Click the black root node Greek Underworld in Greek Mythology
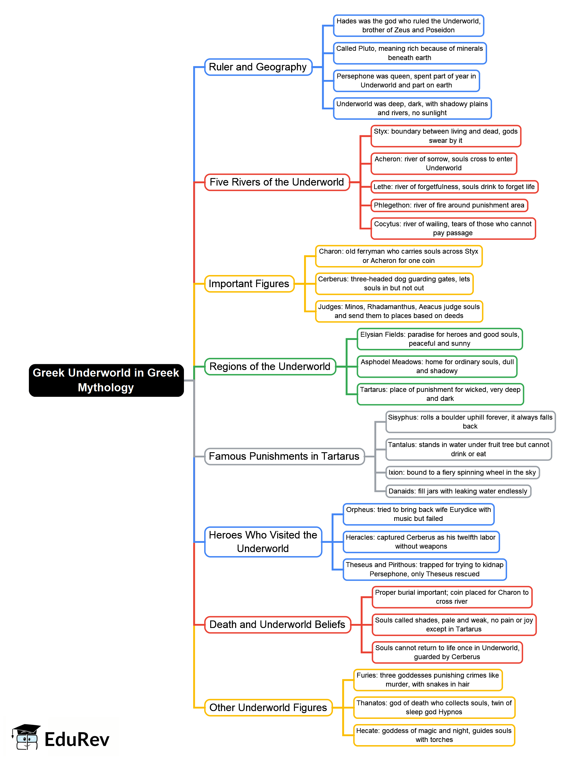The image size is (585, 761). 106,380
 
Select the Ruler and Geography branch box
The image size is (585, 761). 258,67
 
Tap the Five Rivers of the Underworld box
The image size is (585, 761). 277,182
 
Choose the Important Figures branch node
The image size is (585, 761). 249,284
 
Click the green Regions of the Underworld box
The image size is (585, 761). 270,367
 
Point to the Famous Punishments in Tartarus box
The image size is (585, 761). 284,456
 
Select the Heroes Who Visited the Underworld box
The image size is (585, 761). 263,541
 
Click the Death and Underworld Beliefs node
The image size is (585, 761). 277,624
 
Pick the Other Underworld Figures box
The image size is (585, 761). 268,707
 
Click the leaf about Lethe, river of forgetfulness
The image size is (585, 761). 454,186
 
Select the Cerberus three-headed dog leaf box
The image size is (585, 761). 394,284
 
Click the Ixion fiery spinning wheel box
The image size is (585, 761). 462,472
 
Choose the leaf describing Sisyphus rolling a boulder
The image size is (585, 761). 470,422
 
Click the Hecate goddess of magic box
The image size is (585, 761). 434,735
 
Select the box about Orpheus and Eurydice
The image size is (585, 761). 418,514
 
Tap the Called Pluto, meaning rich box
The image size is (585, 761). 409,53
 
